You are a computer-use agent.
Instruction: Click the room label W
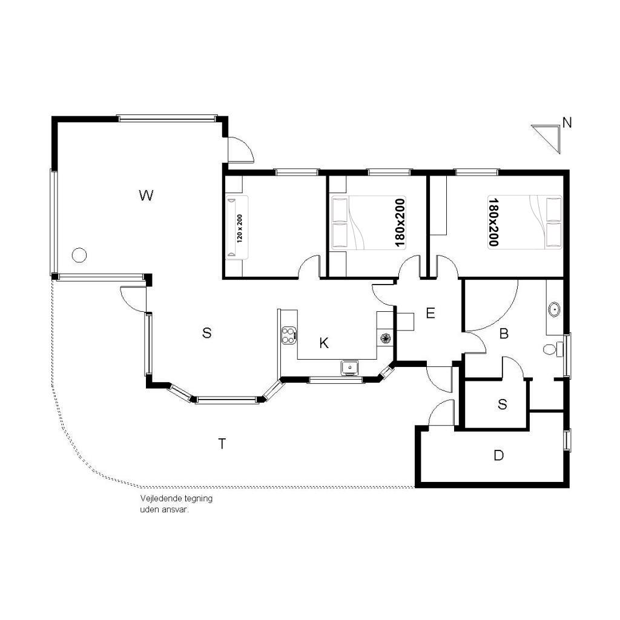coord(146,196)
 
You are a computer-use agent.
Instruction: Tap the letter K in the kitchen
coord(324,343)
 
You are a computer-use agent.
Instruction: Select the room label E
coord(430,313)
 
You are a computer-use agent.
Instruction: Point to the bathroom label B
coord(504,334)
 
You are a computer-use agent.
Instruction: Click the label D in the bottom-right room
coord(499,455)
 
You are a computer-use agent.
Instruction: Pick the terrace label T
coord(222,444)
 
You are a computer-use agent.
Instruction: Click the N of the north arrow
coord(567,123)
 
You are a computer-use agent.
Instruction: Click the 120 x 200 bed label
coord(240,228)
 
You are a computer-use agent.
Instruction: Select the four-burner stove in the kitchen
coord(289,335)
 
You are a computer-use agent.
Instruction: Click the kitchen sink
coord(350,368)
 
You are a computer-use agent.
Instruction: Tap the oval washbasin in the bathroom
coord(555,309)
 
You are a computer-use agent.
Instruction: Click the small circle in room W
coord(79,255)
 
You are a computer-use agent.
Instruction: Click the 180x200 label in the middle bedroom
coord(400,223)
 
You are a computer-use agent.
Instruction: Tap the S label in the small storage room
coord(503,404)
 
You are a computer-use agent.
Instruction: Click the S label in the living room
coord(206,333)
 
